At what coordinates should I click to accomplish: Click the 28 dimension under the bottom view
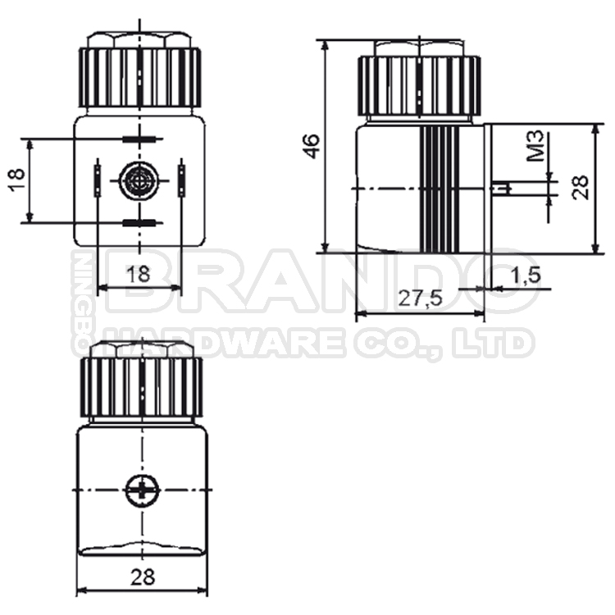tap(140, 577)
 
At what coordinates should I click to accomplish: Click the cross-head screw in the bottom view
tap(141, 492)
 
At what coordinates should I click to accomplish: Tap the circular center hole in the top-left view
tap(136, 180)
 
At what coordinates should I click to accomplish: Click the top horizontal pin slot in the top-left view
tap(138, 139)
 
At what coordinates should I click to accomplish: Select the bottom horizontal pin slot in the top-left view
tap(138, 223)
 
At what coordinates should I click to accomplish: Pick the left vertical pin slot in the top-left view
tap(98, 180)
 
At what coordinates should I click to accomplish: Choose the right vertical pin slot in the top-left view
tap(181, 180)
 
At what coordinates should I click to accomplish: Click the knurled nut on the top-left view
tap(140, 78)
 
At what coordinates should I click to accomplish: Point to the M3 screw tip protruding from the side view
tap(501, 188)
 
